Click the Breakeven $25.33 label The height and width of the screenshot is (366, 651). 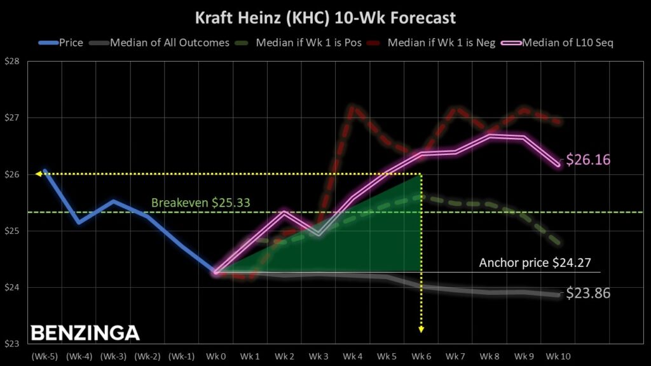pos(200,203)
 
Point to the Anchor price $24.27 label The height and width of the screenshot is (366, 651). pos(539,262)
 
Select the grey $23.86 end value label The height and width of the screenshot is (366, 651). pos(587,294)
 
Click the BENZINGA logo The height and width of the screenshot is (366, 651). pos(85,333)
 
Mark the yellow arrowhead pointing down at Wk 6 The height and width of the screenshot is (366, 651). pos(421,329)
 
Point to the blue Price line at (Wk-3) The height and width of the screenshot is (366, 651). pos(113,201)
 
